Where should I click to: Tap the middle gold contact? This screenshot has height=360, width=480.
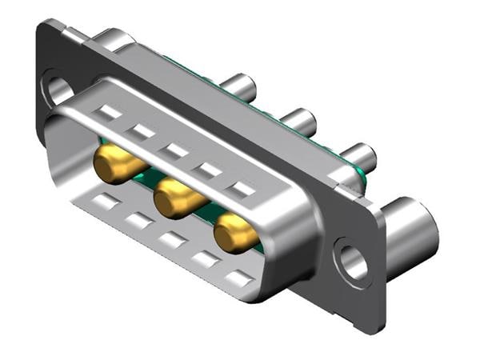coord(175,198)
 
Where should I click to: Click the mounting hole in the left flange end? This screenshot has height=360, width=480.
coord(57,89)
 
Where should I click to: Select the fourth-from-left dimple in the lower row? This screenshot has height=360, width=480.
coord(204,258)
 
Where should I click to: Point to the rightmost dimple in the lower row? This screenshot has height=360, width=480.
coord(238,278)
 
